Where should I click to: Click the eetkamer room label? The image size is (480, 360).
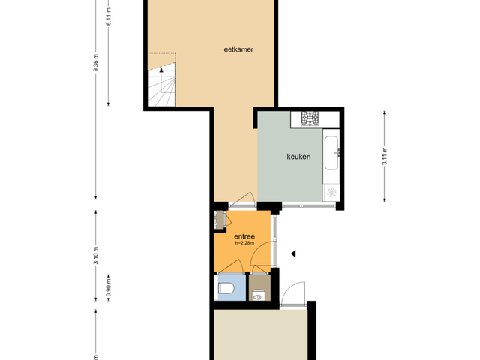click(238, 49)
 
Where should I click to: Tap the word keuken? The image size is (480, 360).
click(298, 157)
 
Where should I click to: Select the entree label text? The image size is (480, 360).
click(244, 236)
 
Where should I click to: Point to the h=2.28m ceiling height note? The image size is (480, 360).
click(244, 243)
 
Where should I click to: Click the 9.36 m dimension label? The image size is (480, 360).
click(96, 62)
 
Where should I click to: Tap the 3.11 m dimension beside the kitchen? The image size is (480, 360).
click(385, 156)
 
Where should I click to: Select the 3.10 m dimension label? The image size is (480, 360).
click(96, 255)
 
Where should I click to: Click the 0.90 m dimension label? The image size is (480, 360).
click(108, 288)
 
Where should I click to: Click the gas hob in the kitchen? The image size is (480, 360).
click(310, 118)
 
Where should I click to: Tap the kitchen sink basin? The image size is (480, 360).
click(331, 153)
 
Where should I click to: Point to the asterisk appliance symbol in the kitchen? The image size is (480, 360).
click(331, 193)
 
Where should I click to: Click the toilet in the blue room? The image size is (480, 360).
click(226, 288)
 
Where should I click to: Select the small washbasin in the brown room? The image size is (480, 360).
click(258, 297)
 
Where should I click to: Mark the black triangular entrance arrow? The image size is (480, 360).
click(293, 253)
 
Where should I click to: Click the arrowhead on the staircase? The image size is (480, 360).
click(161, 70)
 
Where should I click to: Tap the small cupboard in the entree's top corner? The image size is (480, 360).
click(219, 220)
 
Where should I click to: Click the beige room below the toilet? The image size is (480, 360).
click(260, 334)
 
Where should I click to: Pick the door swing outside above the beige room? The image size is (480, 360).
click(293, 293)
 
